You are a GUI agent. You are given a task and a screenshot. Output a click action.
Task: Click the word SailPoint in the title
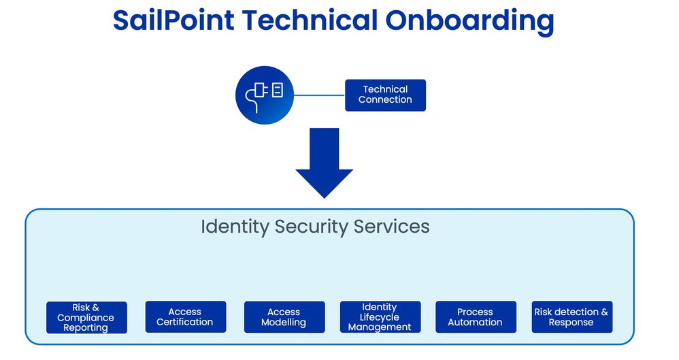pyautogui.click(x=173, y=21)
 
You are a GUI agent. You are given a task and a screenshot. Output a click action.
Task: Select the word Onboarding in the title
pyautogui.click(x=469, y=21)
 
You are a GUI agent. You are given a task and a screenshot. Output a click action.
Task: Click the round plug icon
pyautogui.click(x=264, y=95)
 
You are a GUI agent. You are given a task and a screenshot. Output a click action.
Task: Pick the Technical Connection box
pyautogui.click(x=385, y=95)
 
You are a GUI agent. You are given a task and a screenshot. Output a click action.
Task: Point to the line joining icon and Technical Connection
pyautogui.click(x=318, y=95)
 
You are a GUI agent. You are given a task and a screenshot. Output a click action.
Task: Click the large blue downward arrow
pyautogui.click(x=324, y=162)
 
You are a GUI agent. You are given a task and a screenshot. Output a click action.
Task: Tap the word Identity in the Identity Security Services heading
pyautogui.click(x=235, y=227)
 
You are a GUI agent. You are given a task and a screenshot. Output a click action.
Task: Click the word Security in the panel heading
pyautogui.click(x=312, y=227)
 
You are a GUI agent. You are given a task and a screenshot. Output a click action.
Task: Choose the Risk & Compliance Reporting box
pyautogui.click(x=86, y=318)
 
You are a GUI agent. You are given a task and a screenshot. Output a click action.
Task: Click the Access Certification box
pyautogui.click(x=185, y=317)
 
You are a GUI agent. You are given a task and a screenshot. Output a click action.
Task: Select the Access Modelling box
pyautogui.click(x=284, y=317)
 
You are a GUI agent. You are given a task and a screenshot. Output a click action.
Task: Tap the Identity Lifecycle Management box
pyautogui.click(x=380, y=317)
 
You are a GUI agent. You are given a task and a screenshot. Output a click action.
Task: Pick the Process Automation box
pyautogui.click(x=476, y=317)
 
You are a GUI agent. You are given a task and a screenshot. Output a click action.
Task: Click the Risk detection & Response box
pyautogui.click(x=572, y=317)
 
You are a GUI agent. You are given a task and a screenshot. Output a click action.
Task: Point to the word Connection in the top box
pyautogui.click(x=385, y=100)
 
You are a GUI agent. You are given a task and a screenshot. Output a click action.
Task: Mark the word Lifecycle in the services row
pyautogui.click(x=380, y=317)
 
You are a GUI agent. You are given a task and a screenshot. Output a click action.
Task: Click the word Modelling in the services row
pyautogui.click(x=284, y=323)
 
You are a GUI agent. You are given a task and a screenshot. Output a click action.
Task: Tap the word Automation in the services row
pyautogui.click(x=476, y=323)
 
